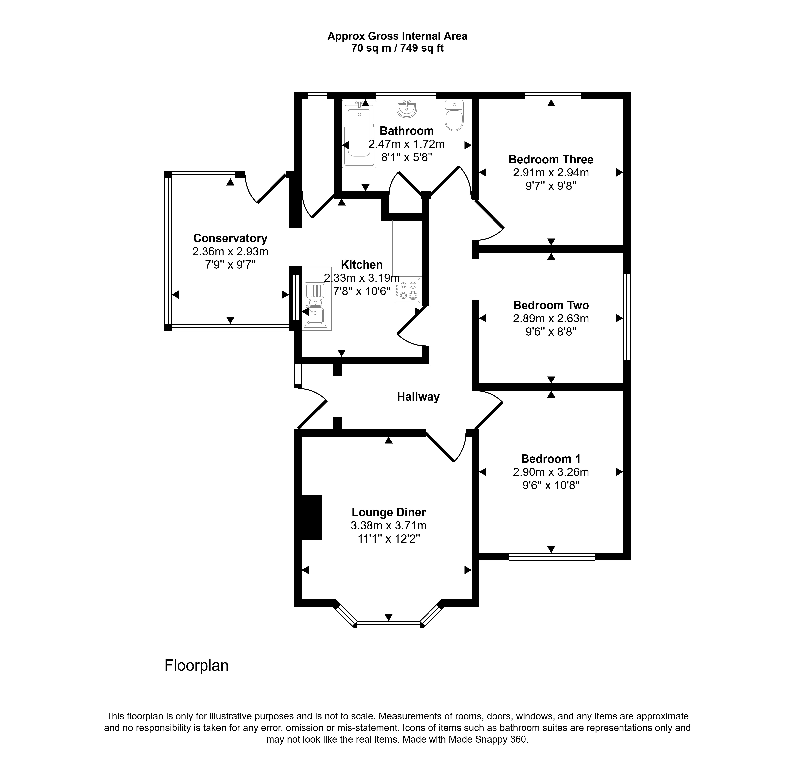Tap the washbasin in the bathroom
point(406,108)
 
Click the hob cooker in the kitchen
point(408,290)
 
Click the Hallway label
point(418,397)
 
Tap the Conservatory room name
point(230,238)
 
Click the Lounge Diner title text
point(389,512)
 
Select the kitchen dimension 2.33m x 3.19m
point(362,278)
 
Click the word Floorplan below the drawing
point(197,666)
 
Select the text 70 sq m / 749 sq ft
point(397,48)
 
